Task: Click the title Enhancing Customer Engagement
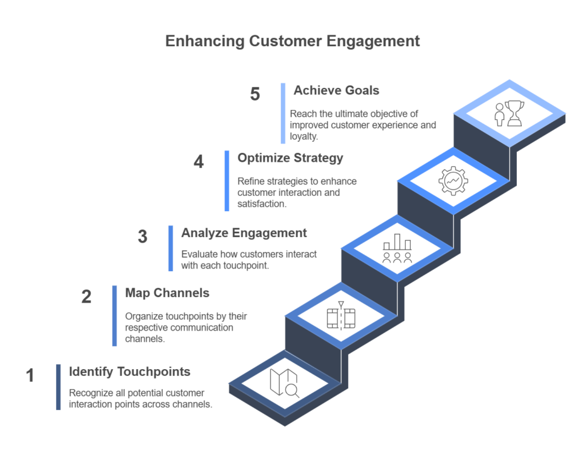[x=292, y=42]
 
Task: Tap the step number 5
[x=255, y=95]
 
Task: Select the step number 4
[x=199, y=162]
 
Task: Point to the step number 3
[x=143, y=237]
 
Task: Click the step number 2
[x=86, y=297]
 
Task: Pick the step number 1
[x=30, y=376]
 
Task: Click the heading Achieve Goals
[x=336, y=90]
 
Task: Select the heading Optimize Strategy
[x=290, y=158]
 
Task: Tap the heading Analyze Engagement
[x=244, y=233]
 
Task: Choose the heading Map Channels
[x=167, y=293]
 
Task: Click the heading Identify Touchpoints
[x=129, y=372]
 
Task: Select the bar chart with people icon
[x=397, y=249]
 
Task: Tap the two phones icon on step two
[x=341, y=316]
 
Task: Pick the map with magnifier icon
[x=284, y=383]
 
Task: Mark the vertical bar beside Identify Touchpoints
[x=59, y=387]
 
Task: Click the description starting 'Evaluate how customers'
[x=249, y=260]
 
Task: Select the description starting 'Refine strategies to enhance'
[x=297, y=193]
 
